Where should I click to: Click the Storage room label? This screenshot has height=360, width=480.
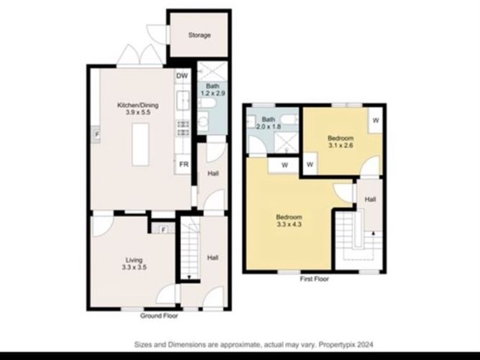tap(199, 35)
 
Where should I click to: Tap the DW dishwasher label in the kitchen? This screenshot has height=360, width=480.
tap(182, 75)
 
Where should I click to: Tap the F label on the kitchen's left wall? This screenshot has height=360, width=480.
tap(96, 133)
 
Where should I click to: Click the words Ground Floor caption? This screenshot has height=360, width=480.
tap(160, 315)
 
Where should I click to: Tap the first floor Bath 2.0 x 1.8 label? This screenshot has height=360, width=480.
tap(269, 123)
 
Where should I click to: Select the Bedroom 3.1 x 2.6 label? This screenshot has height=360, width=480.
tap(341, 142)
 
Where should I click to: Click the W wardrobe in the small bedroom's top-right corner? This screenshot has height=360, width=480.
tap(374, 121)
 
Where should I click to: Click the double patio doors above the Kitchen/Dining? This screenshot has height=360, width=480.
tap(140, 55)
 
